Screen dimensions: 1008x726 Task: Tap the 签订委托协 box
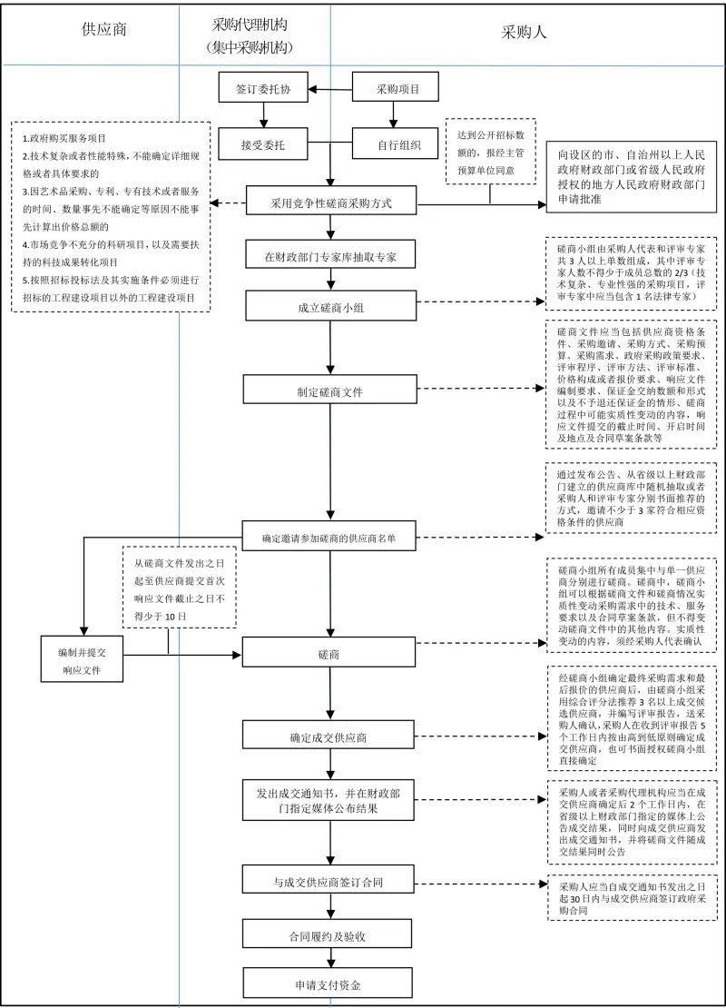(x=263, y=90)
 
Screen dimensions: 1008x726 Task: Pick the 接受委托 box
(x=263, y=143)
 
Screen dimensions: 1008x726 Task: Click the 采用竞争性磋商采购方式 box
(x=331, y=203)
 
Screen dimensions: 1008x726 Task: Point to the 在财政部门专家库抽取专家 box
(x=331, y=257)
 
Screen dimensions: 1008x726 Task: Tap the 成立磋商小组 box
(x=331, y=306)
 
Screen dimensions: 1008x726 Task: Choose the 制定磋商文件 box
(x=331, y=391)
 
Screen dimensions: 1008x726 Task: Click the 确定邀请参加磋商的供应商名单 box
(x=331, y=537)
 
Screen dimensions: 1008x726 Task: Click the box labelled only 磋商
(x=331, y=653)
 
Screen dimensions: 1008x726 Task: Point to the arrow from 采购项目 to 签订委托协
(x=329, y=90)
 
